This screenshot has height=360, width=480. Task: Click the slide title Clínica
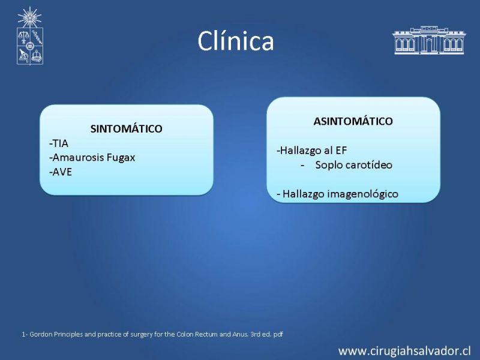[235, 41]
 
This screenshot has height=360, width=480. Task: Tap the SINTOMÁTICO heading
[126, 128]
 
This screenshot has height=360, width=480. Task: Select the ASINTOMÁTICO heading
[353, 121]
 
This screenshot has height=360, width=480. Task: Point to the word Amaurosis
[78, 157]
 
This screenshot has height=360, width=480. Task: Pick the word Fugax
[121, 158]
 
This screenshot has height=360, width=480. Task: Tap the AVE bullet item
[61, 172]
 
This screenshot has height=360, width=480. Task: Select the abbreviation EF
[341, 151]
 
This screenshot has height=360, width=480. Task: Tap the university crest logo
[29, 36]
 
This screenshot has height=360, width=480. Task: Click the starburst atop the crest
[29, 17]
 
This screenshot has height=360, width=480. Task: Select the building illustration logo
[429, 40]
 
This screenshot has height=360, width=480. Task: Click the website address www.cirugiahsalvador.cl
[404, 351]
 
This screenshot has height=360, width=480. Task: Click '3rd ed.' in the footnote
[260, 334]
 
